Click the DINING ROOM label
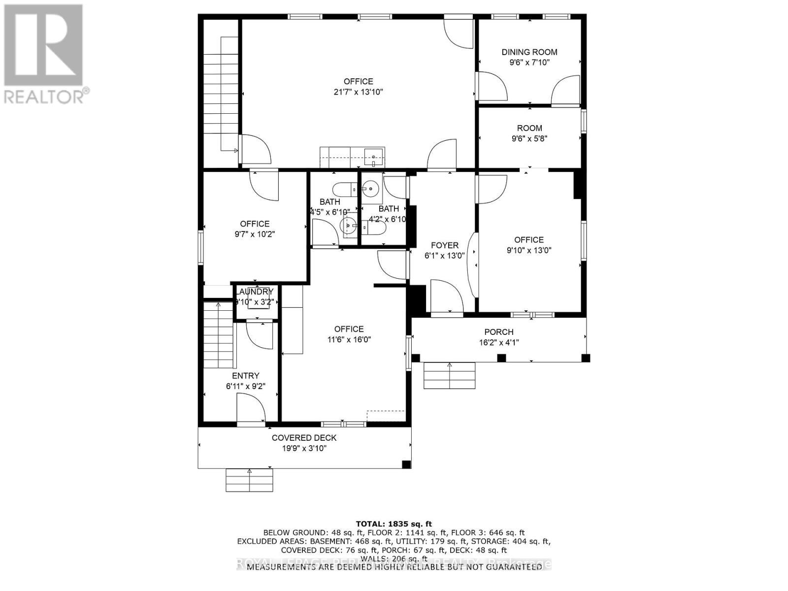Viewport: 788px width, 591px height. (529, 52)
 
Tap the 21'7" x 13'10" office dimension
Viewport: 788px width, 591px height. (358, 92)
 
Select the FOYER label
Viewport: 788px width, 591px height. (444, 245)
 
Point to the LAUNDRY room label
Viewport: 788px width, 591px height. (255, 292)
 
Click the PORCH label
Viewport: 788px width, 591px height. (498, 332)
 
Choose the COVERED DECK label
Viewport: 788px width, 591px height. (304, 438)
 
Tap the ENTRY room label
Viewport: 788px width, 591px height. (246, 376)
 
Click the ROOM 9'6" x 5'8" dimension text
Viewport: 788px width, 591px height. (529, 138)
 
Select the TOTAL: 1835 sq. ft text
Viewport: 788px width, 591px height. (394, 524)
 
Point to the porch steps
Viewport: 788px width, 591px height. (450, 376)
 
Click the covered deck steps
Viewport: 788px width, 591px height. (249, 480)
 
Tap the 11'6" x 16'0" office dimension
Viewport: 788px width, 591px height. (349, 339)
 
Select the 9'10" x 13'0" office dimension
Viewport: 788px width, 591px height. (529, 250)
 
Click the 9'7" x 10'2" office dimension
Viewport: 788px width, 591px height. (255, 234)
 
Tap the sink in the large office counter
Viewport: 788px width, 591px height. (374, 157)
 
